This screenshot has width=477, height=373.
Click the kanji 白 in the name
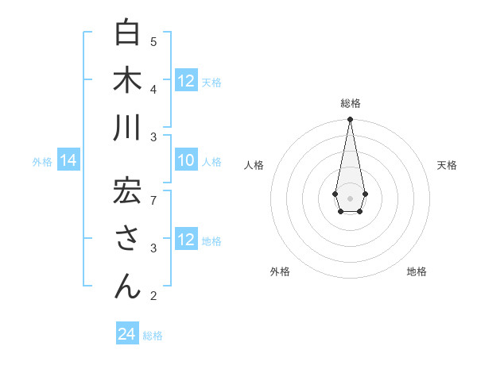(x=127, y=33)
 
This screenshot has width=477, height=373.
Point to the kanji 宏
(x=127, y=191)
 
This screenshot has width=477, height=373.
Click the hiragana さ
(x=127, y=239)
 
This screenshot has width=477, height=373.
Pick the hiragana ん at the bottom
(x=127, y=286)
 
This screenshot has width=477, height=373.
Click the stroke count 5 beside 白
(x=153, y=41)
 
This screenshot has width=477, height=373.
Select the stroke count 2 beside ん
(x=153, y=296)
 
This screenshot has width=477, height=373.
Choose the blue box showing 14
(x=68, y=161)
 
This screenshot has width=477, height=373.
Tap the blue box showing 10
(x=186, y=161)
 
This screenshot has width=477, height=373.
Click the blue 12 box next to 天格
(x=186, y=81)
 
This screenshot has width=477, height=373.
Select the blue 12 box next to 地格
(x=186, y=240)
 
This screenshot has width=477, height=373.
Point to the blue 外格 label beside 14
(x=42, y=162)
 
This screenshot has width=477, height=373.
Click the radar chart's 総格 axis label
(x=350, y=103)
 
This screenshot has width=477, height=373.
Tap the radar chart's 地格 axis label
(x=417, y=271)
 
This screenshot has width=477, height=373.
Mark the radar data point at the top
(x=350, y=120)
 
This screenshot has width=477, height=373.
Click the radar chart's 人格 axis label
(x=254, y=165)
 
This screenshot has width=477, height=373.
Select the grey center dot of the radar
(x=350, y=198)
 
